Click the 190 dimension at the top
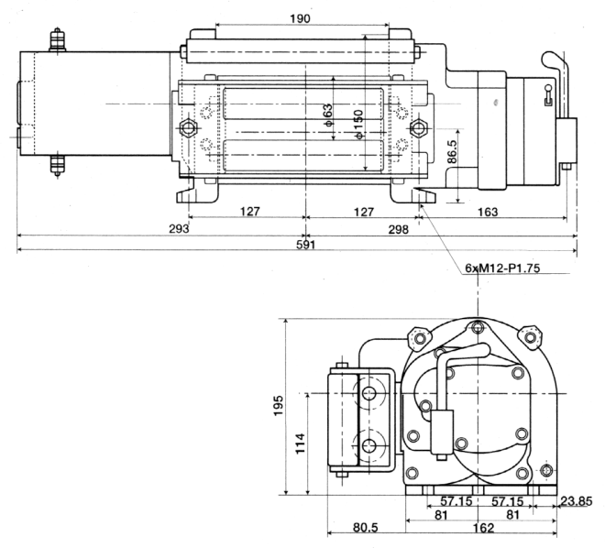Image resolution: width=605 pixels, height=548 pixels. click(300, 18)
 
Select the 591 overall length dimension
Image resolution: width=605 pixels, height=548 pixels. click(306, 245)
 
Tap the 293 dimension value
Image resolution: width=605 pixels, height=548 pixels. click(179, 229)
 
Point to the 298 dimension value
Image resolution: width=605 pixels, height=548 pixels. click(398, 230)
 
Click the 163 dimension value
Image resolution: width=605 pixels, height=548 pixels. click(488, 212)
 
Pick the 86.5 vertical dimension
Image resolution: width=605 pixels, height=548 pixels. click(453, 151)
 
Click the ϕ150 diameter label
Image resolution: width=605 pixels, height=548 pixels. click(358, 125)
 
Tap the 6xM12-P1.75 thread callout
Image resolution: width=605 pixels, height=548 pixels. click(502, 268)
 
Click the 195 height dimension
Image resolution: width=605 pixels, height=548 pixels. click(279, 406)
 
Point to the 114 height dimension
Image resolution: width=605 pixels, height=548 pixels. click(301, 444)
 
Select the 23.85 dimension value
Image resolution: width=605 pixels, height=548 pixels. click(577, 501)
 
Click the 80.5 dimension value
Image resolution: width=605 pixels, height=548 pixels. click(366, 528)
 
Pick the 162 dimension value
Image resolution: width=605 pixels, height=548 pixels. click(483, 528)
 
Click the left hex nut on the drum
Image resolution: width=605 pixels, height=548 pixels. click(188, 127)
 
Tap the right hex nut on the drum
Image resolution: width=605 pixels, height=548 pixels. click(418, 127)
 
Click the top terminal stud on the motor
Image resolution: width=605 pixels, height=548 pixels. click(57, 39)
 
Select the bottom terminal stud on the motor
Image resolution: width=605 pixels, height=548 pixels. click(57, 165)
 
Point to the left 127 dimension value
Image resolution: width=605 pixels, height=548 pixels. click(250, 212)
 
